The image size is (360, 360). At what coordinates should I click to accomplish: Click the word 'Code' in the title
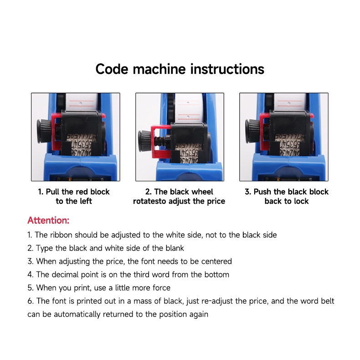click(x=112, y=69)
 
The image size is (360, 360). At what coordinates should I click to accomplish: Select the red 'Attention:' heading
click(x=48, y=220)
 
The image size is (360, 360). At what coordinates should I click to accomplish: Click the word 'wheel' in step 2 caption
click(x=202, y=192)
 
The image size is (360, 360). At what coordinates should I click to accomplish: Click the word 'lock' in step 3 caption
click(x=301, y=201)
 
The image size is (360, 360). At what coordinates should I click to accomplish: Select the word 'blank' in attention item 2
click(x=175, y=248)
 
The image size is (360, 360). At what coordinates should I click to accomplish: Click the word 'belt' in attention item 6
click(x=327, y=301)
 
